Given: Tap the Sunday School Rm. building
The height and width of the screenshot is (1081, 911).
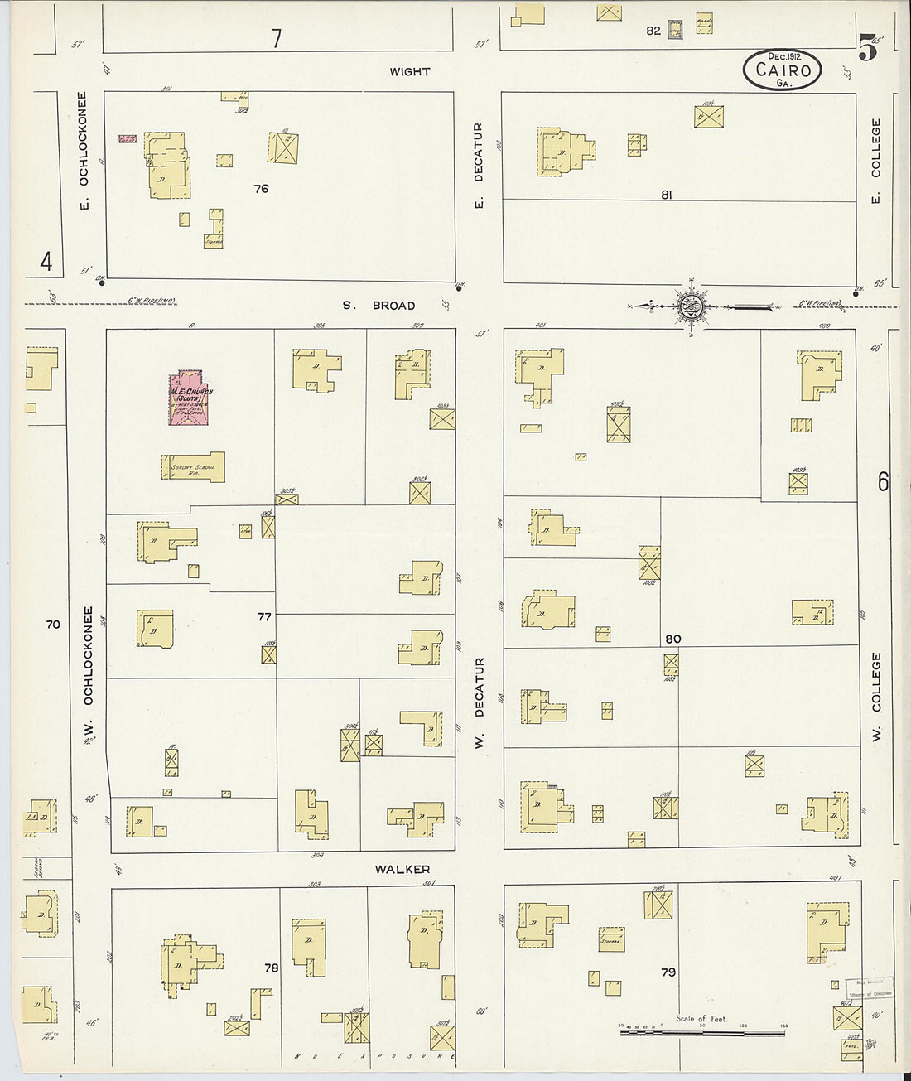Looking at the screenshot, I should point(193,466).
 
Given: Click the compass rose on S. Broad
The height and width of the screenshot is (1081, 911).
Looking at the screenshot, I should point(690,307).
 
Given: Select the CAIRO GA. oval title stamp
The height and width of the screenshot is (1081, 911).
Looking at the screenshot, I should point(782,70).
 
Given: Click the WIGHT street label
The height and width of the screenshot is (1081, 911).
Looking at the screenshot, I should point(410,72).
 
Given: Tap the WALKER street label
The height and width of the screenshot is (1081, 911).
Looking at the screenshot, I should point(402,869).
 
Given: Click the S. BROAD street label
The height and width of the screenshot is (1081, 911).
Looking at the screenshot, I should point(380,306).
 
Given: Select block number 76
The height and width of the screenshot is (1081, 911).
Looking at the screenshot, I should point(261,189).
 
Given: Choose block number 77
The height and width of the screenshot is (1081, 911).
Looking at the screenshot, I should point(264,616).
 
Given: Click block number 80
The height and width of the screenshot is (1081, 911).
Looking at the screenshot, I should point(672,639).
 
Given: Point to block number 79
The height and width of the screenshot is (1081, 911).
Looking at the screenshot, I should point(668,972).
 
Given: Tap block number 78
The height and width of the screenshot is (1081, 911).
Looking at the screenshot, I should point(271,968).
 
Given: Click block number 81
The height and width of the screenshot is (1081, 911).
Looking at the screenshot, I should point(667,195).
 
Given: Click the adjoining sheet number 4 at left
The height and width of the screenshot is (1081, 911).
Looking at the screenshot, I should point(46,263).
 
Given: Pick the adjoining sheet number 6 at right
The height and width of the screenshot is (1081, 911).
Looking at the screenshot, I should point(883,481).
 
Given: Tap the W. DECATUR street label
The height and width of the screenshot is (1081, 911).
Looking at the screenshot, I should point(479,704).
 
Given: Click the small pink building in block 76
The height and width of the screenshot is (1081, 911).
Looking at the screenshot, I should point(128,138).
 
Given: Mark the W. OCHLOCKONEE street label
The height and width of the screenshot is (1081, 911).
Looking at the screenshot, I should point(89,671).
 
